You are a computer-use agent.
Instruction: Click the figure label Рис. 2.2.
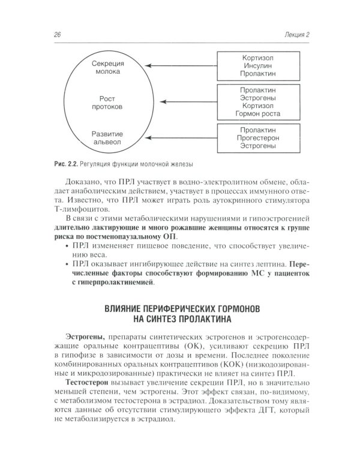tap(65, 165)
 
